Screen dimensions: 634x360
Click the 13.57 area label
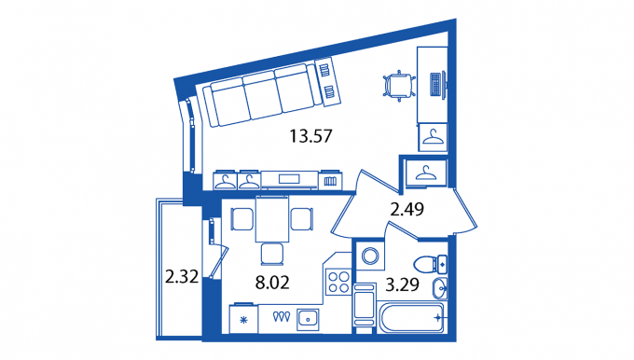pos(310,136)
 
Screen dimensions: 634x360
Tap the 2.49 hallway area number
pos(407,210)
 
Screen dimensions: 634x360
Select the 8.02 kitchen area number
pos(272,283)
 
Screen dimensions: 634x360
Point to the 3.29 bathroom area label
pos(402,284)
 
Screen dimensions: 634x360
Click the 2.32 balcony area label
pos(182,278)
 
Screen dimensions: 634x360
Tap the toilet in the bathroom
pos(430,264)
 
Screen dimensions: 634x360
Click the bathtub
pos(410,317)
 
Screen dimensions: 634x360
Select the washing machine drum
pos(370,256)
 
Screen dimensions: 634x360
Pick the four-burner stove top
pos(338,282)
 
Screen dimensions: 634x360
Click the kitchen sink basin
pos(308,319)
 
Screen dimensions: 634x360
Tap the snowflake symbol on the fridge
pos(243,320)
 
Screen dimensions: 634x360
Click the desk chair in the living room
pos(399,86)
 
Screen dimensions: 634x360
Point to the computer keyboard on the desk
pos(435,84)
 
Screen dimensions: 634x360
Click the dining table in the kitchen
pos(272,219)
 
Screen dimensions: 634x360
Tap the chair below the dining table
pos(272,254)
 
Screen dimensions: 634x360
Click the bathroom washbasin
pos(439,288)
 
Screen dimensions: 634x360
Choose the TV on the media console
pos(289,179)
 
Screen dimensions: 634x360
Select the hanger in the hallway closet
pos(426,173)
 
